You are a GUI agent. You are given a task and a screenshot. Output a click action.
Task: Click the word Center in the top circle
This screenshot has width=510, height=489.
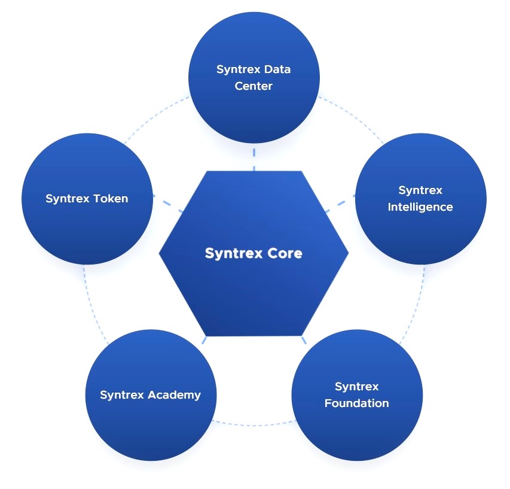254,86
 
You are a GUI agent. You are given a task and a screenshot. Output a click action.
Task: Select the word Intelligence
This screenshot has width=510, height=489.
420,207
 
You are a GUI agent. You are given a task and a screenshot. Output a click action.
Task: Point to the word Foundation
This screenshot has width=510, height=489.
357,403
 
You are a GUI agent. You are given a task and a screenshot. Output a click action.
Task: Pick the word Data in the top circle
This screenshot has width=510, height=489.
277,69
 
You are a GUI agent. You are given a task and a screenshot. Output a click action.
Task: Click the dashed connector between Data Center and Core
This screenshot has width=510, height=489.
254,157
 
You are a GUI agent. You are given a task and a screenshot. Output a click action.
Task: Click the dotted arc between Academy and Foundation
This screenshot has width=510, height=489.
254,425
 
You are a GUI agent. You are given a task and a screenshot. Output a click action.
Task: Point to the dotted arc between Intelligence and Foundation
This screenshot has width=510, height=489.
419,305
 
